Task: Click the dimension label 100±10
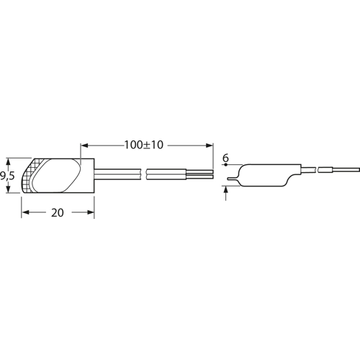click(143, 145)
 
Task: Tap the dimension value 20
click(58, 212)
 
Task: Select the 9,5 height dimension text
click(7, 176)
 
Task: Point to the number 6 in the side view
click(225, 158)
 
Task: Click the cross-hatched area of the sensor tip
click(28, 175)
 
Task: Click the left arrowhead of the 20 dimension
click(25, 212)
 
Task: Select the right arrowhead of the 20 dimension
click(90, 212)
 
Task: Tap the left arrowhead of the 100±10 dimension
click(85, 145)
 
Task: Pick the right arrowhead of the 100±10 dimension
click(210, 145)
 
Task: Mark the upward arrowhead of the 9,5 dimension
click(9, 162)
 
